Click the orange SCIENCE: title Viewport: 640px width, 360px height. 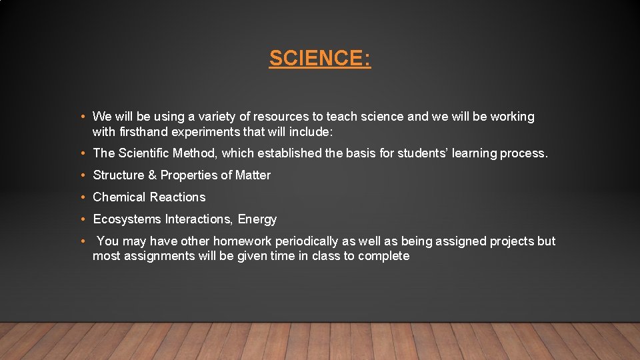pos(320,59)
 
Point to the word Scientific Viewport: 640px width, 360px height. pos(143,153)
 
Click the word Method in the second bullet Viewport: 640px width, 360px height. pos(193,153)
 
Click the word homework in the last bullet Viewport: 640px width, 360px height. pos(213,241)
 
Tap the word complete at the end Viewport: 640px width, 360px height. pos(383,257)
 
